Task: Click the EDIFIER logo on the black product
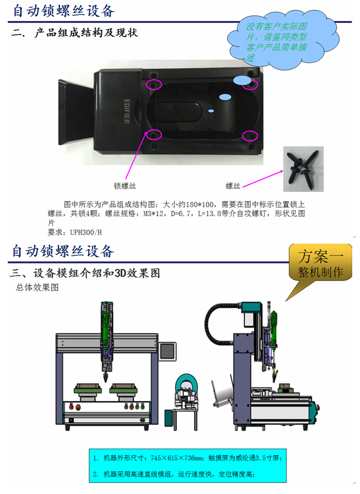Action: click(x=127, y=111)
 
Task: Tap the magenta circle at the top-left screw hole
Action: click(x=154, y=85)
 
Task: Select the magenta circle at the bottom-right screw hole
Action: click(x=250, y=136)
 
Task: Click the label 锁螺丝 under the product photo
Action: click(x=125, y=186)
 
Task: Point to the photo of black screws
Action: click(x=303, y=169)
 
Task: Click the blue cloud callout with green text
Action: click(x=283, y=40)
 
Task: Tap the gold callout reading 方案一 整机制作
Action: click(x=320, y=262)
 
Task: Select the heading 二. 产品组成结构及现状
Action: click(x=74, y=33)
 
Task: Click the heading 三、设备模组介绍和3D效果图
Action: click(x=85, y=273)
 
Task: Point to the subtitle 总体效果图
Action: click(x=37, y=287)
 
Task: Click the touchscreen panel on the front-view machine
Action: click(x=167, y=351)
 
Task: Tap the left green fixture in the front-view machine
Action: click(x=88, y=390)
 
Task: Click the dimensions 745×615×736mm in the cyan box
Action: click(x=177, y=458)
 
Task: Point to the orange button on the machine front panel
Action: click(x=77, y=407)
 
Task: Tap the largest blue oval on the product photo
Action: click(x=243, y=80)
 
